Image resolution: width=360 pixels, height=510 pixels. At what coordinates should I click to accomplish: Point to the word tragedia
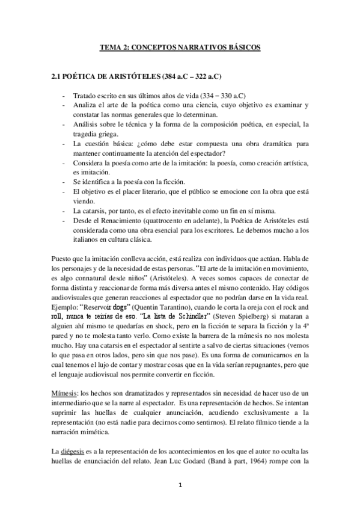tap(85, 133)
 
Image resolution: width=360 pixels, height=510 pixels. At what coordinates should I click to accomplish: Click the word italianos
tap(89, 239)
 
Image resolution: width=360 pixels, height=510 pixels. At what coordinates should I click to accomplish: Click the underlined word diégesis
tap(74, 450)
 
